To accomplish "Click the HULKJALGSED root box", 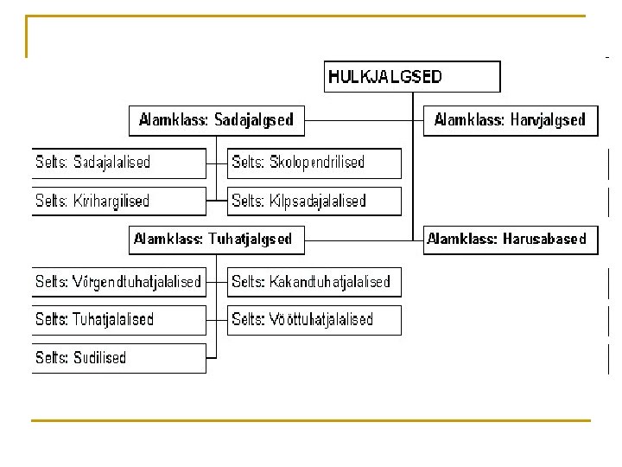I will [412, 76].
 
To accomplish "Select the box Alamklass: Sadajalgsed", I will [217, 120].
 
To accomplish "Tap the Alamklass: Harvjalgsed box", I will [510, 120].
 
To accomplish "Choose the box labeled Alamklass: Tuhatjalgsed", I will [217, 239].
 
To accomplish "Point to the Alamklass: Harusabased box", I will [511, 239].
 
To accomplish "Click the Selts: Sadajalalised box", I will [119, 163].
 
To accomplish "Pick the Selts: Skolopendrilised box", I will [314, 163].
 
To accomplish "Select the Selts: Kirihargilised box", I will [119, 202].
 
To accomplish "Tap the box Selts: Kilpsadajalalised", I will [314, 202].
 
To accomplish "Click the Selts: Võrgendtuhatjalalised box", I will [119, 282].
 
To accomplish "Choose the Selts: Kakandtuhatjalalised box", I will [314, 282].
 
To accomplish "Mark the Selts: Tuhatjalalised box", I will [119, 320].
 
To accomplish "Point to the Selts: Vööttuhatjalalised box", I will [314, 320].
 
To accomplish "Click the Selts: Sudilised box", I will [119, 358].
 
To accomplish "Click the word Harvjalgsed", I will [548, 120].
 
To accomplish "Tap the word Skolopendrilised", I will [317, 163].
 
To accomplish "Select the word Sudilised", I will [99, 358].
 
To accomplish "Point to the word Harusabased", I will [544, 239].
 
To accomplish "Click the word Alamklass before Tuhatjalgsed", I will [168, 239].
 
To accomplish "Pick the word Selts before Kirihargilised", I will [51, 202].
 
